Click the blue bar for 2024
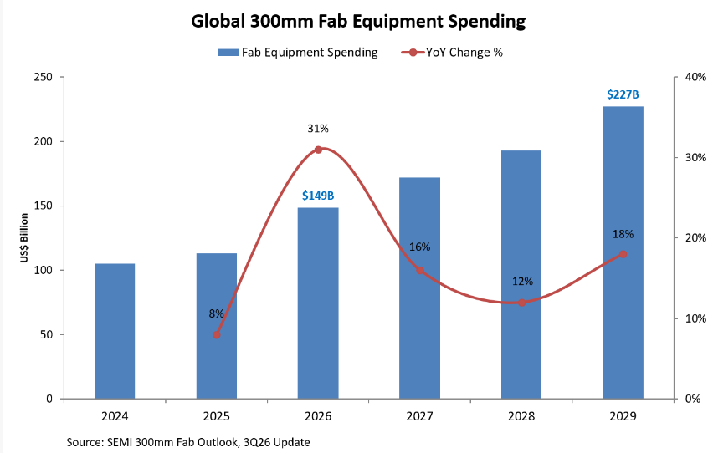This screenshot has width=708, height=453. pos(115,331)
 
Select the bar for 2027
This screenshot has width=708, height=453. pos(419,288)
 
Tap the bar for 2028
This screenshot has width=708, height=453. pos(521,274)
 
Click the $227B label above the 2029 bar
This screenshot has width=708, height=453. pos(623,94)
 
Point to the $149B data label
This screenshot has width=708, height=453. pos(318,196)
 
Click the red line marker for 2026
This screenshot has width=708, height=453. pos(318,150)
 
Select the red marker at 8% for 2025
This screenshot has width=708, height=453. pos(216,335)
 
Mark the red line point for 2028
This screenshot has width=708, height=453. pos(521,303)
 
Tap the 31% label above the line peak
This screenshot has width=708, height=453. pos(318,129)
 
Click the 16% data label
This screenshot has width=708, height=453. pos(419,247)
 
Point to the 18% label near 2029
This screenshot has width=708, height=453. pos(623,234)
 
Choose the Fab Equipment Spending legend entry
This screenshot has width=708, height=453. pos(298,53)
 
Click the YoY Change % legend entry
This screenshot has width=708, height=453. pos(452,53)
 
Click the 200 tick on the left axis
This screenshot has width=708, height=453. pos(44,141)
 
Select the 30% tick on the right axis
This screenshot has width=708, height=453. pos(695,157)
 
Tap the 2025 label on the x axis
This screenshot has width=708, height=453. pos(216,416)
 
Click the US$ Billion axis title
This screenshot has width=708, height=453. pos(24,237)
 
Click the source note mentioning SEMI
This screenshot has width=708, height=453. pos(188,442)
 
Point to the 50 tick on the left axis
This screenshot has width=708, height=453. pos(47,335)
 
